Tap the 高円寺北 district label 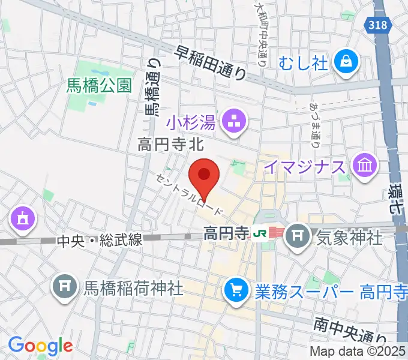(x=171, y=145)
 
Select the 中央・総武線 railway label (x=100, y=241)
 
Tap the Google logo (x=40, y=346)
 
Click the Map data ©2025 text (x=358, y=351)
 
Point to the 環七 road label (x=395, y=198)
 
